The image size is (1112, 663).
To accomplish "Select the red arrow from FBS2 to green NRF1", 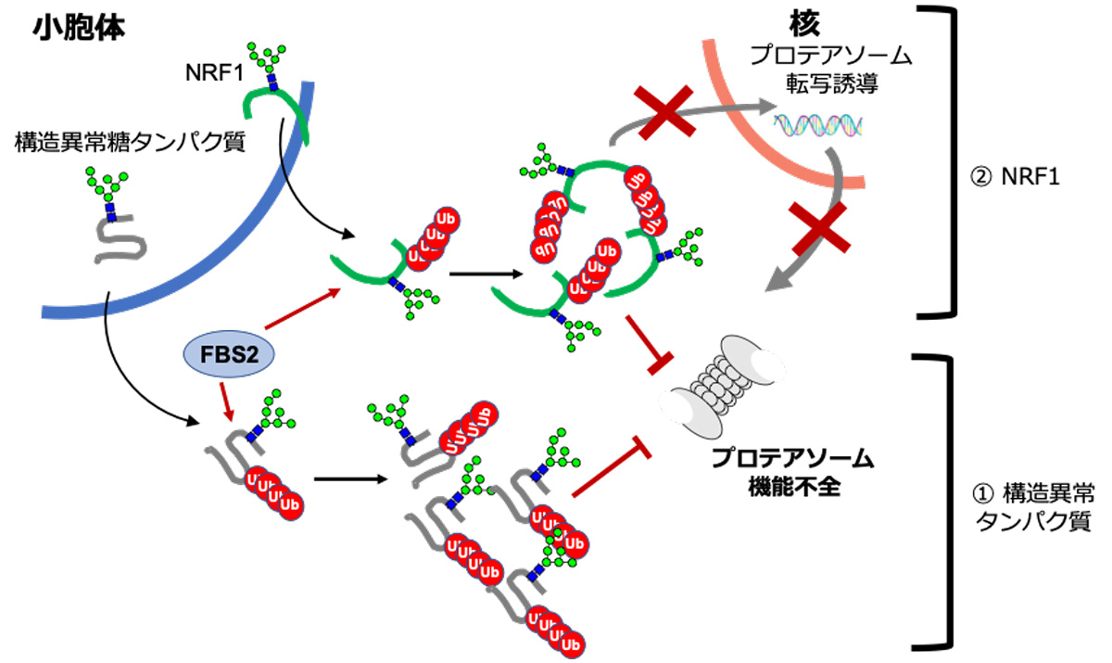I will coord(297,310).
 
